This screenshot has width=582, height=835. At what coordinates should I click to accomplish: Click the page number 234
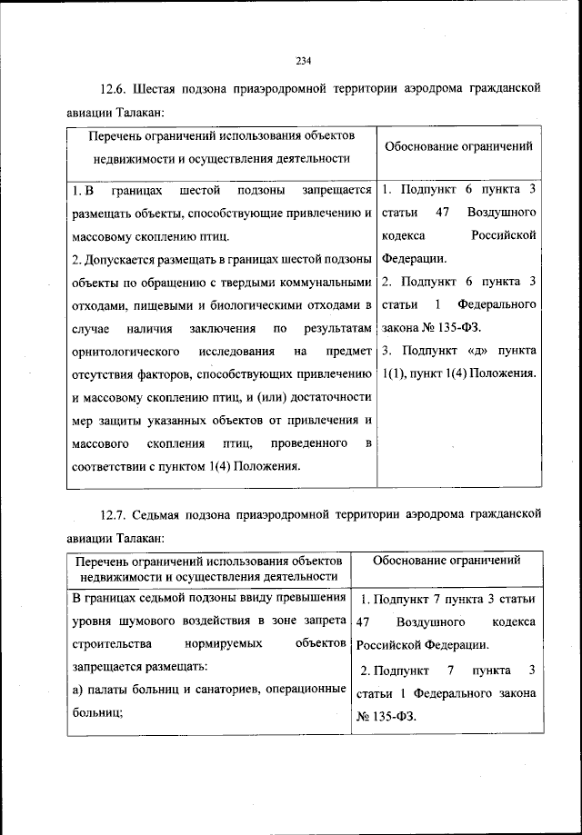click(x=304, y=61)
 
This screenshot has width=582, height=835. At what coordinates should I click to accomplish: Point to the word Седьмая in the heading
click(x=163, y=514)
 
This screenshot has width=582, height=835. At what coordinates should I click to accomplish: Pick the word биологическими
click(x=259, y=303)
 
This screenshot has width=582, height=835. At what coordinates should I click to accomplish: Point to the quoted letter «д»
click(x=479, y=350)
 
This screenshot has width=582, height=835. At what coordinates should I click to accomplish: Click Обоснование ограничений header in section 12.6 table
click(x=459, y=145)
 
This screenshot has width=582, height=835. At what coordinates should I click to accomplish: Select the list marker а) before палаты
click(x=77, y=689)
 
